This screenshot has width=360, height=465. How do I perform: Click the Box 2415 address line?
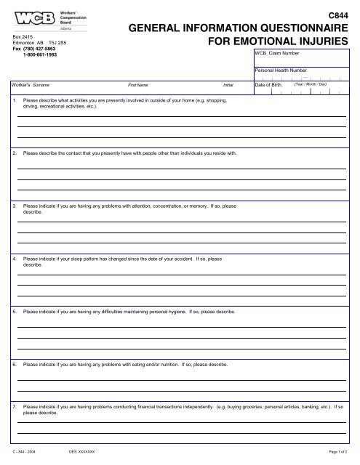[x=23, y=37]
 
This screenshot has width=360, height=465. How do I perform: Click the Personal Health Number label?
[x=280, y=70]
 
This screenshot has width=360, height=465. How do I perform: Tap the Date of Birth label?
[x=269, y=85]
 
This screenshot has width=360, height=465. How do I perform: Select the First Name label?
[x=138, y=85]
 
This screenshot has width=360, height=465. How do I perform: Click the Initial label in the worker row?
[x=228, y=85]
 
